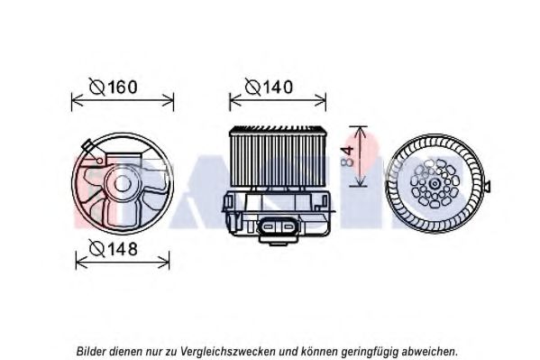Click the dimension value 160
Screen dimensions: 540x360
(123, 87)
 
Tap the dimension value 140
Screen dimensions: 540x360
(278, 87)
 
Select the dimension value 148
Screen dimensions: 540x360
(123, 248)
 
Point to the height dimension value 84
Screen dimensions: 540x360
(349, 156)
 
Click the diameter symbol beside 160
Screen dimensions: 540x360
(96, 87)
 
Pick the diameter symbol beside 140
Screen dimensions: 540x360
(252, 87)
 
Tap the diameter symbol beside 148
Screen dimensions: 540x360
(96, 248)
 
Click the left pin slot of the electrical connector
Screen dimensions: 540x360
(268, 226)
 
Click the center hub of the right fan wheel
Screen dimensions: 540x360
(435, 183)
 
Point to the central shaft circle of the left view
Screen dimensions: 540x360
(123, 183)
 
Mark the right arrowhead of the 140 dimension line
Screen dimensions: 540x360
(321, 101)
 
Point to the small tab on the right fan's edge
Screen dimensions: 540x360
(487, 187)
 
